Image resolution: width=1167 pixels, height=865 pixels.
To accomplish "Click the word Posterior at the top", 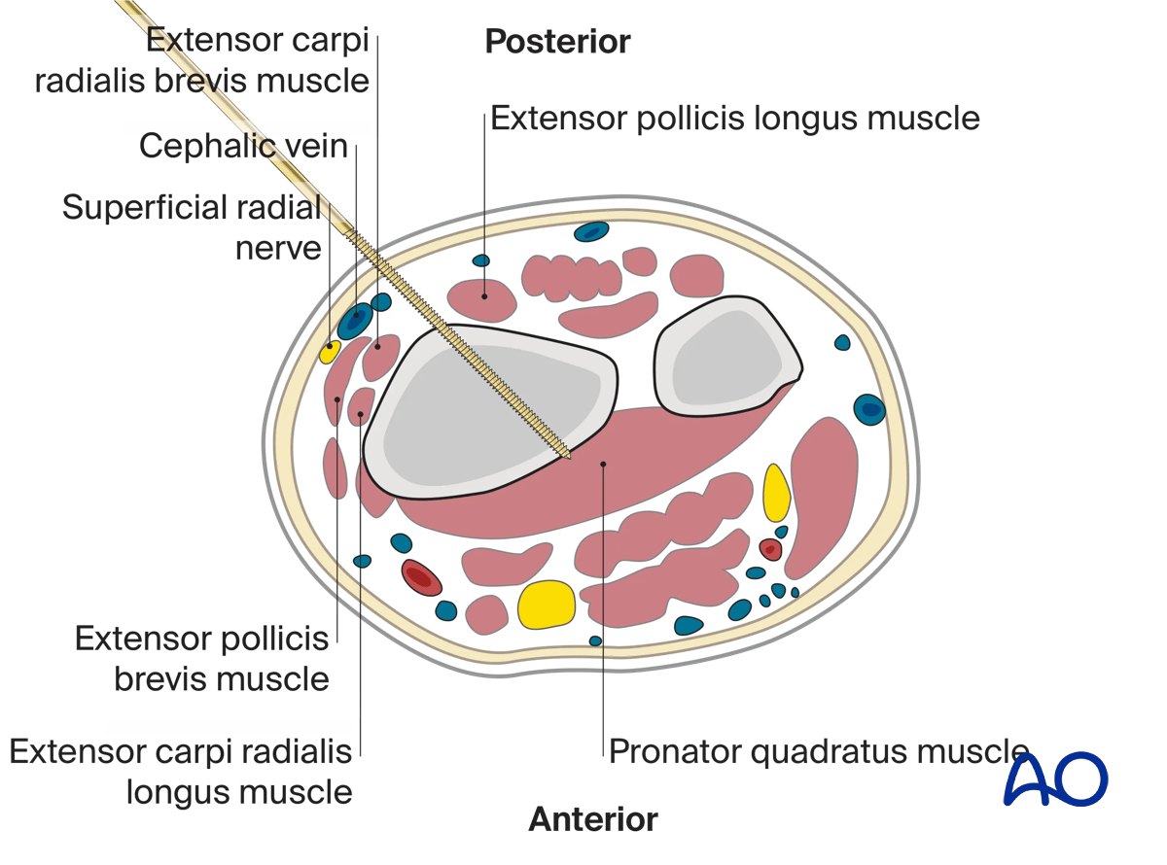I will tap(557, 42).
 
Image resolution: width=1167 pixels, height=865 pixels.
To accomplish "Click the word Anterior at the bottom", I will tap(593, 819).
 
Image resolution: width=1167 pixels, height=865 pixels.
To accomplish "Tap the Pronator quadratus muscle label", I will tap(817, 750).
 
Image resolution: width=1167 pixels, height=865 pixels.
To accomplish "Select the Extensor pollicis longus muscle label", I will tap(734, 118).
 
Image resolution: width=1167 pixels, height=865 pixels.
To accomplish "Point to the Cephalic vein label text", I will tap(243, 146).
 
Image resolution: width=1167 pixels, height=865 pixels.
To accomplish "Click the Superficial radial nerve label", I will tap(192, 226).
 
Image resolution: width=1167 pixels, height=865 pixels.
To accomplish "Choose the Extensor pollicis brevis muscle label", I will tap(202, 658).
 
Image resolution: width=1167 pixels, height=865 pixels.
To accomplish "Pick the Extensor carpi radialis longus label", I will tap(181, 771).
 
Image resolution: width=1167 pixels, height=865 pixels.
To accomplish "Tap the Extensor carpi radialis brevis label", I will tap(202, 60).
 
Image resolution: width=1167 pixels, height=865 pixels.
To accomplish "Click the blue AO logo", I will tap(1055, 778).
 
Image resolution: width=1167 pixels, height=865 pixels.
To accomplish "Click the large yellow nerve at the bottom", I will tap(547, 604).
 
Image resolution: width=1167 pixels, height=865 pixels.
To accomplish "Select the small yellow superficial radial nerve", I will tap(330, 352).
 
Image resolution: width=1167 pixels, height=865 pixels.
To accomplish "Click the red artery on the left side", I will tap(421, 578).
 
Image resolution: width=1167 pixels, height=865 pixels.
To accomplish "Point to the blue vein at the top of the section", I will tap(591, 231).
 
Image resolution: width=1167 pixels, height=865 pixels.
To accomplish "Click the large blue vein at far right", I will tap(868, 409).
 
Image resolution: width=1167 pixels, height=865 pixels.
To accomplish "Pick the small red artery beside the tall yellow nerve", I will tap(770, 550).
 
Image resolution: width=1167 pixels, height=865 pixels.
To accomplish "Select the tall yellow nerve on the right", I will tap(775, 494).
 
